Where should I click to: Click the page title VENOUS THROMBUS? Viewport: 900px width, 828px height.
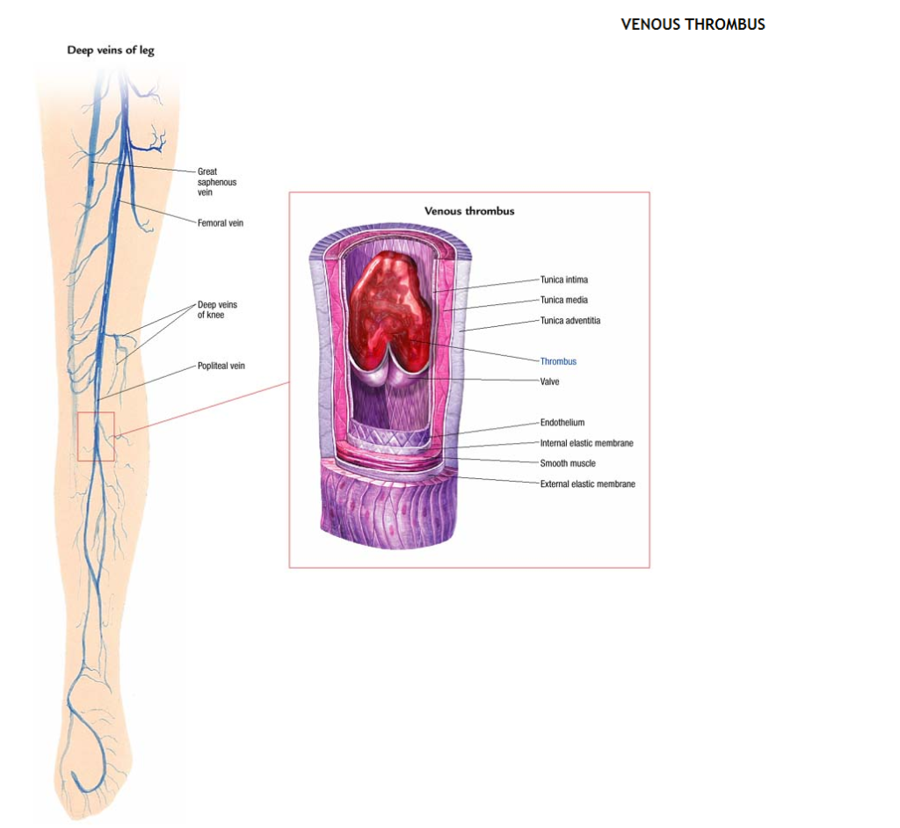click(693, 25)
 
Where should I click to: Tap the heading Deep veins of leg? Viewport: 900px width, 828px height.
click(111, 50)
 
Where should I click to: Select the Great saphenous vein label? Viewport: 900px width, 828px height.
click(217, 182)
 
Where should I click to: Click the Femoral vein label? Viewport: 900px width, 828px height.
click(221, 223)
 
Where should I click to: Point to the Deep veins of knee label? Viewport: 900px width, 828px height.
click(217, 309)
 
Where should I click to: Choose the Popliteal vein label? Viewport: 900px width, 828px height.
click(221, 366)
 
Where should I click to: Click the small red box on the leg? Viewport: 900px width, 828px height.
click(96, 436)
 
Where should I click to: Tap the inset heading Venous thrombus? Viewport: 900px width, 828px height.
click(469, 211)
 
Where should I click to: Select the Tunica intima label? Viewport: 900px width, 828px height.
click(564, 280)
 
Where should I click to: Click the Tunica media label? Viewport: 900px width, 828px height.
click(564, 300)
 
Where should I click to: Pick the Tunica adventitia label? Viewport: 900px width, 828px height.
click(570, 321)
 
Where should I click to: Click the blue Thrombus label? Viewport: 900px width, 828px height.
click(558, 361)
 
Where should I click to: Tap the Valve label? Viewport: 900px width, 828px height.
click(549, 381)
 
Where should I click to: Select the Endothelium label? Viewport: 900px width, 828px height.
click(562, 423)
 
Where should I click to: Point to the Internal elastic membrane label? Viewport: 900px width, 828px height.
click(586, 443)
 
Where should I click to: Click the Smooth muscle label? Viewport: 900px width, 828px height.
click(568, 463)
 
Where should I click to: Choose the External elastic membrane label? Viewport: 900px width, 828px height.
click(587, 484)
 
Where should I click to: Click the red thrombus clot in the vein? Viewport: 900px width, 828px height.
click(387, 308)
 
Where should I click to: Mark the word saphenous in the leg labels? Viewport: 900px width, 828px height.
click(217, 182)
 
